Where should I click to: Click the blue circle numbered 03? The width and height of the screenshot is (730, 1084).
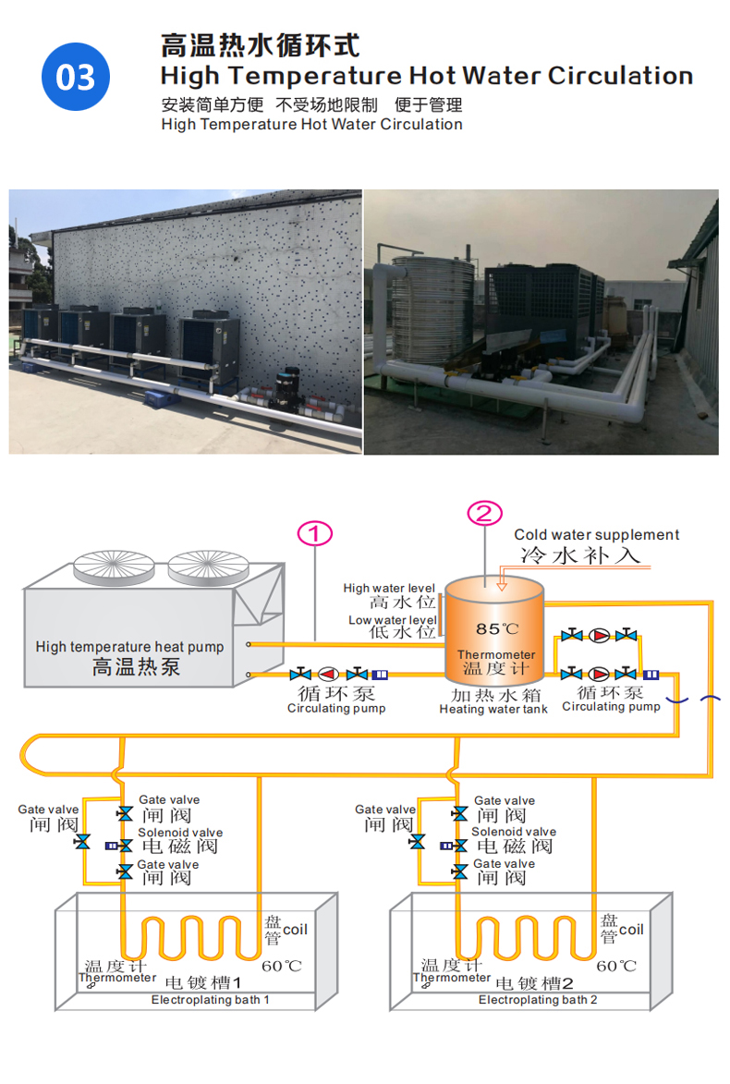[76, 77]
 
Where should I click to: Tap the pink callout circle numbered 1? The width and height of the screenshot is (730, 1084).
[314, 533]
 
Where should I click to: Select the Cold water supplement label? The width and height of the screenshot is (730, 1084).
[596, 535]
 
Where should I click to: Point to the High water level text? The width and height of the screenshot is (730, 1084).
[388, 588]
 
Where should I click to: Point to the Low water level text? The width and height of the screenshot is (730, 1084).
[392, 619]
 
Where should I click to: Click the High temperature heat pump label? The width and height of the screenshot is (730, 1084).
[129, 647]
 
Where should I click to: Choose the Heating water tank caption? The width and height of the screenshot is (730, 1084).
[493, 709]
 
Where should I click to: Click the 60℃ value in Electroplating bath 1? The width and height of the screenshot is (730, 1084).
[282, 967]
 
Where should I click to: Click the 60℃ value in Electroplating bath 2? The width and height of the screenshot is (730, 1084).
[616, 967]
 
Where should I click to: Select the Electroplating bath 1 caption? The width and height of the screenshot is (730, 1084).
[211, 1000]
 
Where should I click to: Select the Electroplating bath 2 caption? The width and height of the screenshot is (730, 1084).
[538, 1000]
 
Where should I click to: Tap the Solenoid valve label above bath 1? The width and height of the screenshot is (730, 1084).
[180, 833]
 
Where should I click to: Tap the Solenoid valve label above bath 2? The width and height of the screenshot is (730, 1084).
[514, 833]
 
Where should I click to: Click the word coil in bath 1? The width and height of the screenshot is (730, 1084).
[295, 929]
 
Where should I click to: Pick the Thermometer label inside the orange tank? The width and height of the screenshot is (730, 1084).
[496, 655]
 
